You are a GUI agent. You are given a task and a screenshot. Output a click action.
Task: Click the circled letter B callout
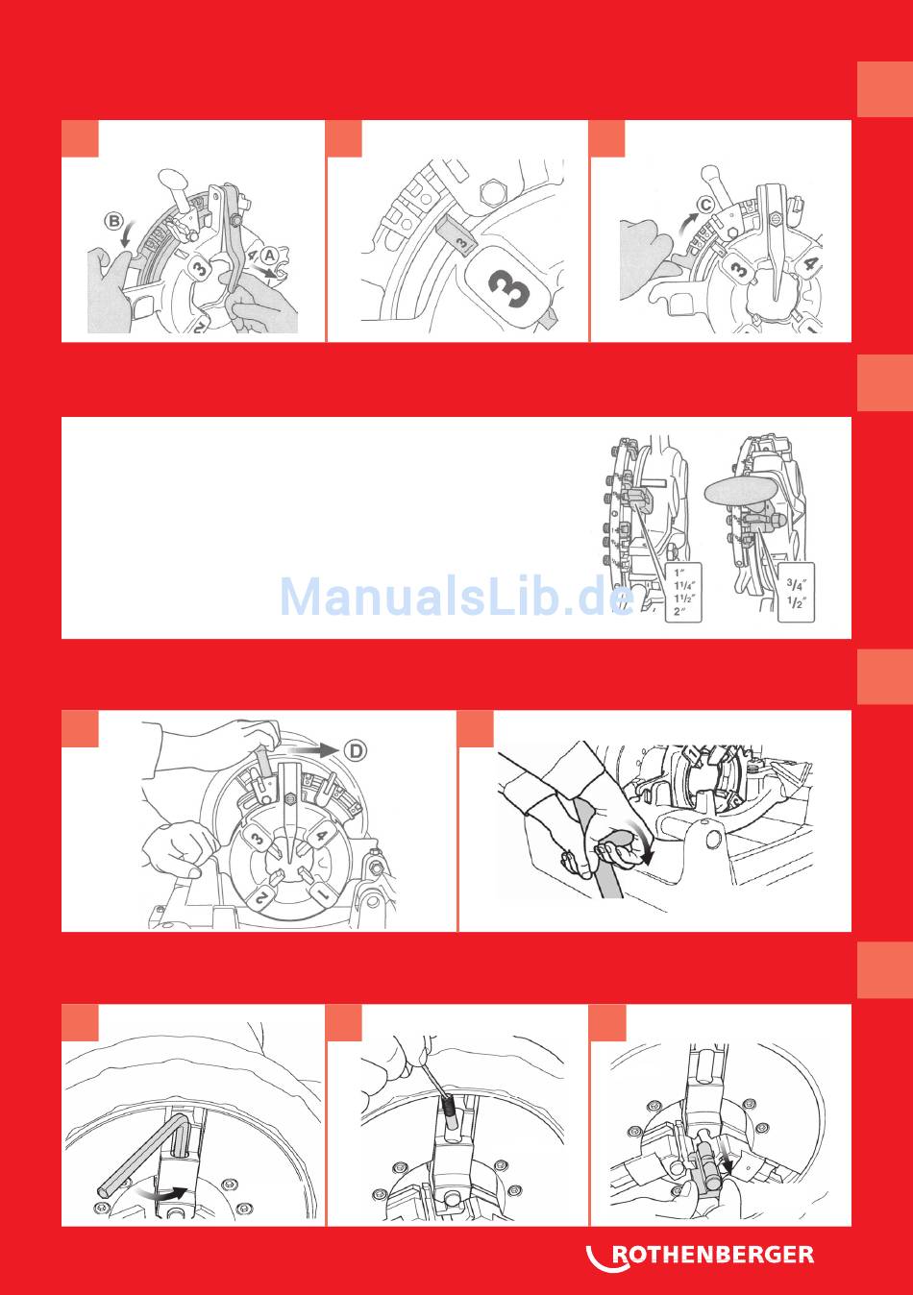pos(114,221)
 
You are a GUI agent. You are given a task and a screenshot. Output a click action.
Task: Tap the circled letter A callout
pos(270,256)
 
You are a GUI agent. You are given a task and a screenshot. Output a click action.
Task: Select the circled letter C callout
pos(705,205)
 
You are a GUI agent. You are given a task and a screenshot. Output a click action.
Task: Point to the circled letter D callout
pos(357,750)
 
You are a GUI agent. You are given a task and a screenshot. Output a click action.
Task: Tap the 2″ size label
pos(679,611)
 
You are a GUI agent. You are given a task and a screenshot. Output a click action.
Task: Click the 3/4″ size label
pos(796,584)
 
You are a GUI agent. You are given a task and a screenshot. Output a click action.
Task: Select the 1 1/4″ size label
pos(683,586)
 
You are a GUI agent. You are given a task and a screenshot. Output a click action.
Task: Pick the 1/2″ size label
pos(796,602)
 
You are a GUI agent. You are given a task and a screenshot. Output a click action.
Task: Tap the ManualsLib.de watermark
pos(456,597)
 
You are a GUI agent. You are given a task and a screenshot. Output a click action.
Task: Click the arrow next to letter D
pos(312,750)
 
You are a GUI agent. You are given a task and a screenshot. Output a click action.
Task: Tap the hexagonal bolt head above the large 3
pos(494,191)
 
